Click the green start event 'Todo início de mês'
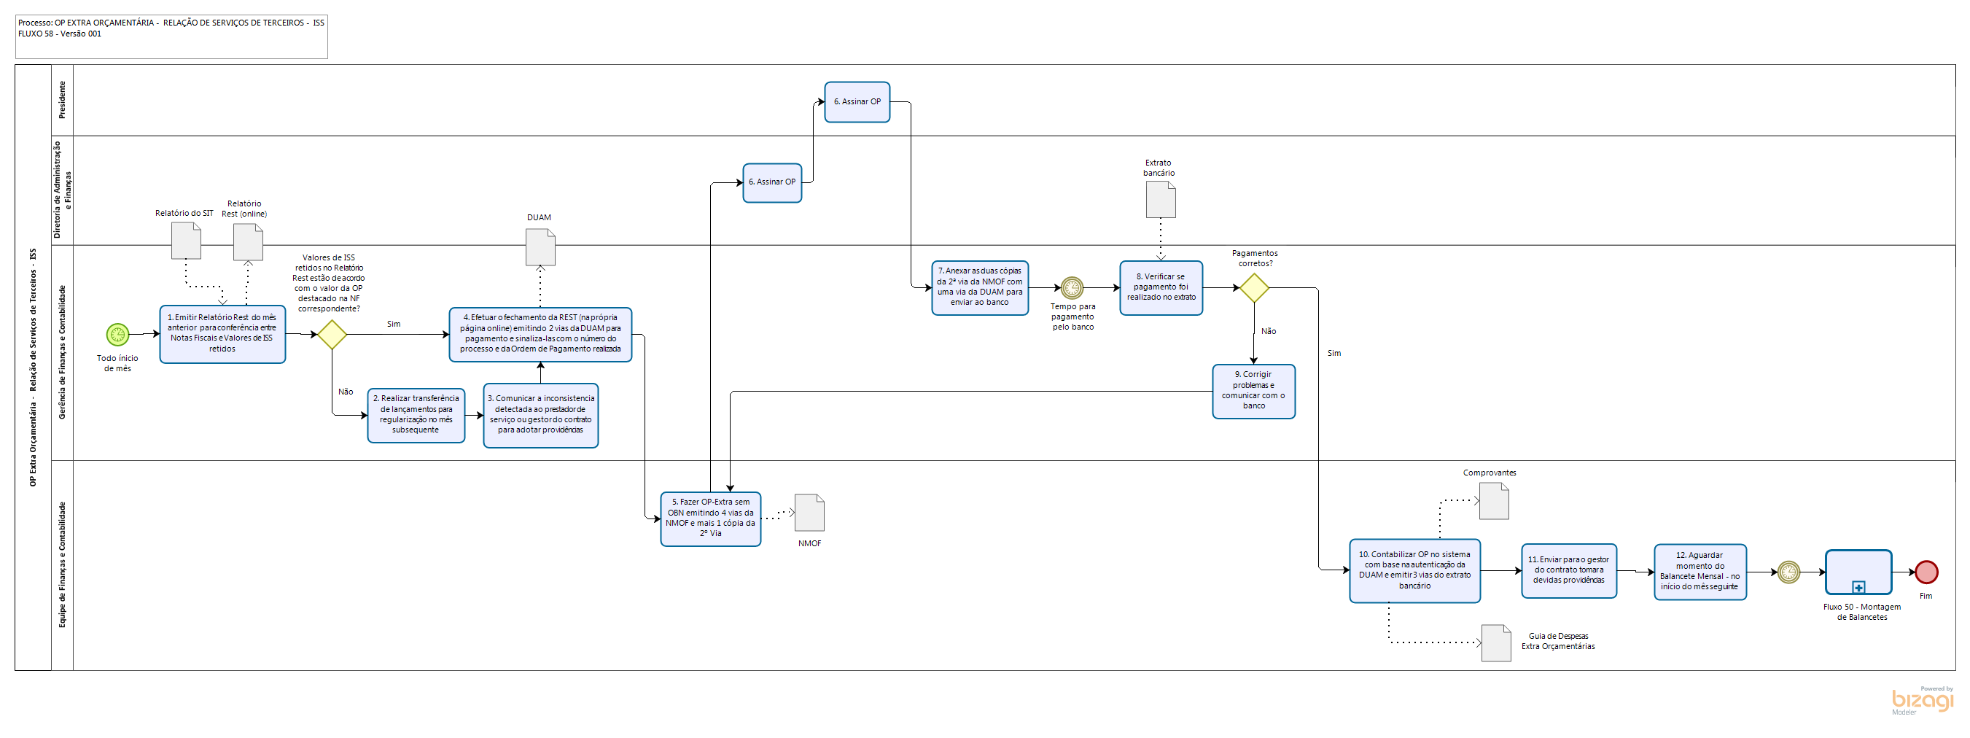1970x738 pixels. (x=117, y=334)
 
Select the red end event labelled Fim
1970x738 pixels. (x=1926, y=572)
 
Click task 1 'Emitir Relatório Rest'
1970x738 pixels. (x=222, y=334)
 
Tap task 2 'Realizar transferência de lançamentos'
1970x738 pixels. (x=416, y=414)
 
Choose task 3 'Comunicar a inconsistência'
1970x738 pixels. (x=541, y=414)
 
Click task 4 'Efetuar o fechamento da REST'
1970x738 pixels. (x=540, y=334)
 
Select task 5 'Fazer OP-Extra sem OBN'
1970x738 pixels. (x=710, y=518)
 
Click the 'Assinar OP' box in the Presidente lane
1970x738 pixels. (x=857, y=101)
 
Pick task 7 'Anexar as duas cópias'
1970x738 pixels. (x=980, y=287)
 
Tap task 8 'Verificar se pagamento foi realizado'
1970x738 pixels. (x=1161, y=287)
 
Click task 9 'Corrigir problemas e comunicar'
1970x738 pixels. (x=1253, y=391)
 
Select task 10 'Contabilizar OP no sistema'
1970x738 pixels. (x=1414, y=570)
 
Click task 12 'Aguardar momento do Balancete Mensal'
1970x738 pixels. (x=1700, y=571)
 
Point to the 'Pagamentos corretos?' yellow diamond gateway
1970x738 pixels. (x=1253, y=287)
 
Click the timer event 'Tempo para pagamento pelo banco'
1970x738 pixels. (x=1072, y=287)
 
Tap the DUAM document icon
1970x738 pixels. (x=541, y=247)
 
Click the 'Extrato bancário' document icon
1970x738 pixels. (x=1160, y=199)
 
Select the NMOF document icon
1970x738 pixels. (x=809, y=513)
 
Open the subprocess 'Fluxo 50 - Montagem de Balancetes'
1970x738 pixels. (x=1858, y=572)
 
